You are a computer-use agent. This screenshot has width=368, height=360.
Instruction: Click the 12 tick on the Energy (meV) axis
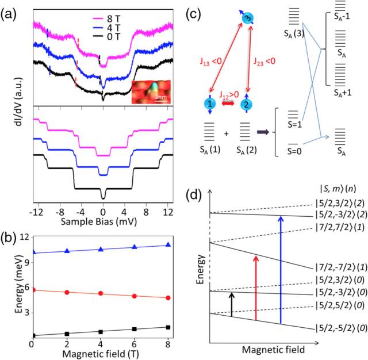(24, 238)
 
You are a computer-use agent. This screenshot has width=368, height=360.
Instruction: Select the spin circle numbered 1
(212, 105)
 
